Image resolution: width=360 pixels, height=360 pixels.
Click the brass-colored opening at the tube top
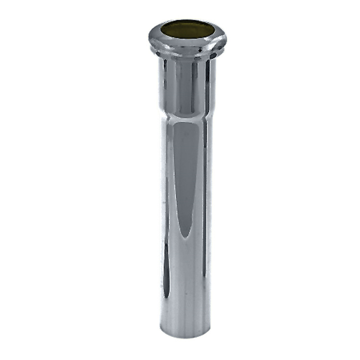coord(187,29)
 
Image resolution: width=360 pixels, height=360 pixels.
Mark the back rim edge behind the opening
coord(187,21)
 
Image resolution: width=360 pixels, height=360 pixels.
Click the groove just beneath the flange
coord(187,54)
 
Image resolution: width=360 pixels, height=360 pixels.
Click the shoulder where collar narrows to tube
coord(187,115)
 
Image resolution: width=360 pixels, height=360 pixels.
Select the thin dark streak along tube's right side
coord(205,202)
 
